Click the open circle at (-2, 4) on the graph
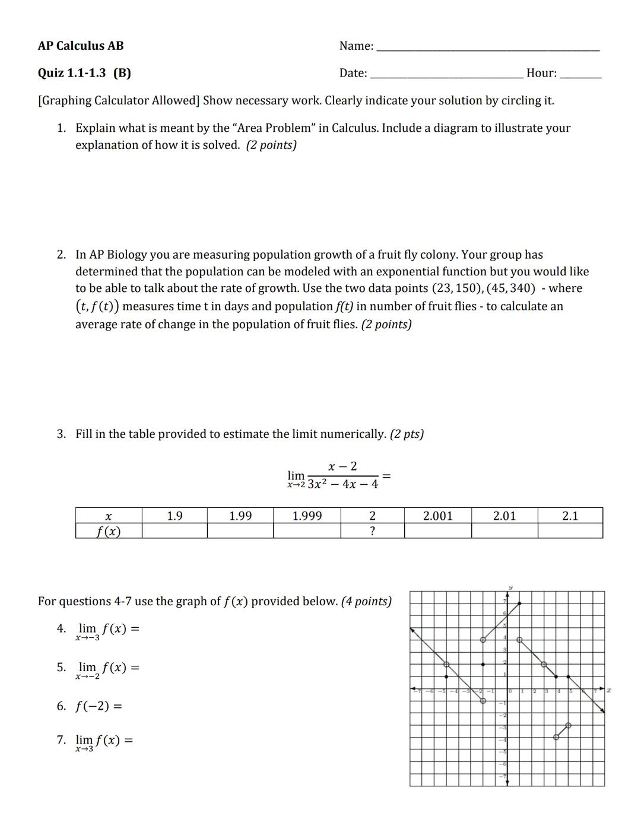(483, 640)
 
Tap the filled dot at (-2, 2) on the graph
(483, 664)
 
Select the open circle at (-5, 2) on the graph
(446, 664)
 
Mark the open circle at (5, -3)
(569, 725)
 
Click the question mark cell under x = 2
(372, 531)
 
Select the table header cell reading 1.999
(307, 516)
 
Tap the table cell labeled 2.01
(504, 516)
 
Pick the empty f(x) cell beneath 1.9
(174, 531)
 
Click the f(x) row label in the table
(108, 531)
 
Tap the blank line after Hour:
(580, 76)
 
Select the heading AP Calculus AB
(81, 46)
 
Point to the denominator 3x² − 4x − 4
(342, 484)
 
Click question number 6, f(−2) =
(90, 706)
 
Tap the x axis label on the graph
(609, 690)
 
